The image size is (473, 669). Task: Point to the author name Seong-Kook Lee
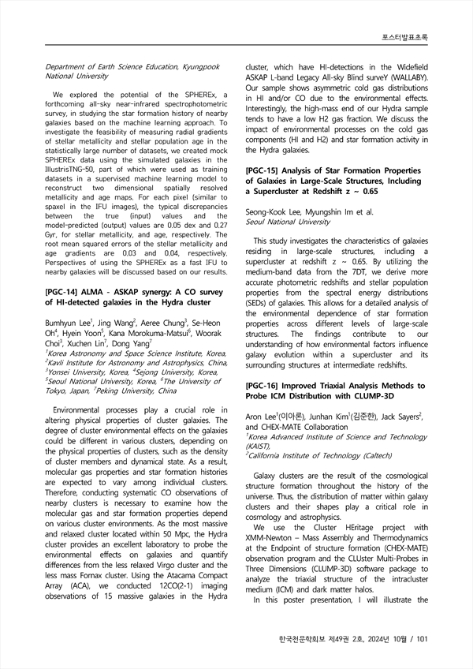point(274,212)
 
